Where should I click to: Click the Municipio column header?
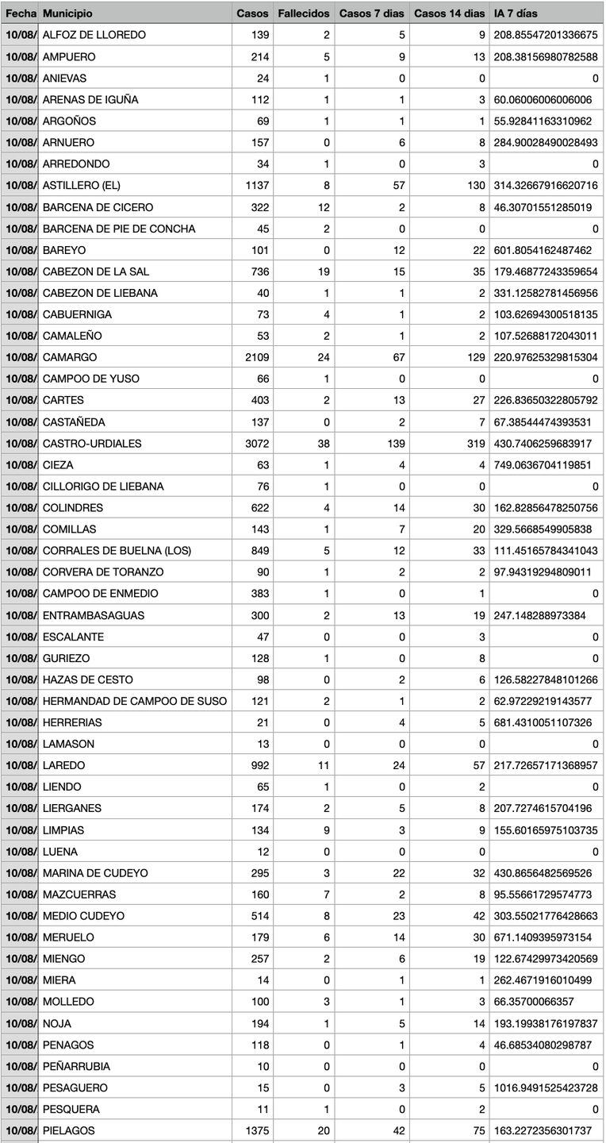tap(67, 13)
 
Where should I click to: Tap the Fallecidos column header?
tap(304, 13)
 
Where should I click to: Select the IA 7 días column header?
tap(516, 13)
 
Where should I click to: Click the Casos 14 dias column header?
tap(449, 13)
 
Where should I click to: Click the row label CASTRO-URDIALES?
tap(92, 443)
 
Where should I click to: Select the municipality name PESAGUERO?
tap(75, 1087)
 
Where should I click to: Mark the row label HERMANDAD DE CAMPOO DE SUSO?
tap(135, 701)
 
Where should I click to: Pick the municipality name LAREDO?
tap(63, 765)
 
